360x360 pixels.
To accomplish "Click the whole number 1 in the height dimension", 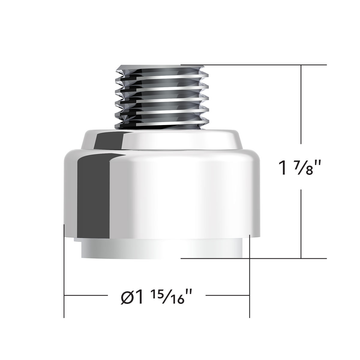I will tap(283, 168).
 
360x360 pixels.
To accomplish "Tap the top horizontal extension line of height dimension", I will tap(255, 64).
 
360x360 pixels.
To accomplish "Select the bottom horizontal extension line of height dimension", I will tap(255, 258).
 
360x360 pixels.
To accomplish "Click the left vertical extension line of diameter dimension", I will tap(64, 270).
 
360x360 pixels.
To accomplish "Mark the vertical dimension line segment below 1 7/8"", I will tap(301, 225).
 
